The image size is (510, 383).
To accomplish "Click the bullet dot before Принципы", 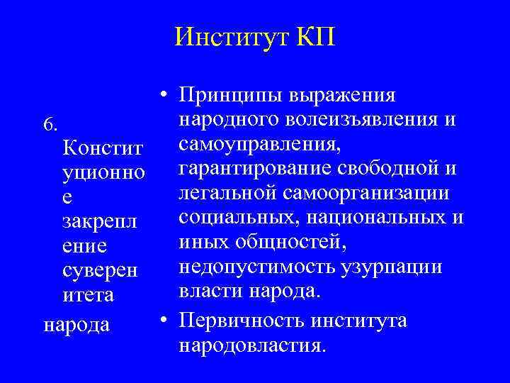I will (x=164, y=96).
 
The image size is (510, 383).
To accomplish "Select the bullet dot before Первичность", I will (x=164, y=321).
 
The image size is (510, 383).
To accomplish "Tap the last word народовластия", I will (x=254, y=346).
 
